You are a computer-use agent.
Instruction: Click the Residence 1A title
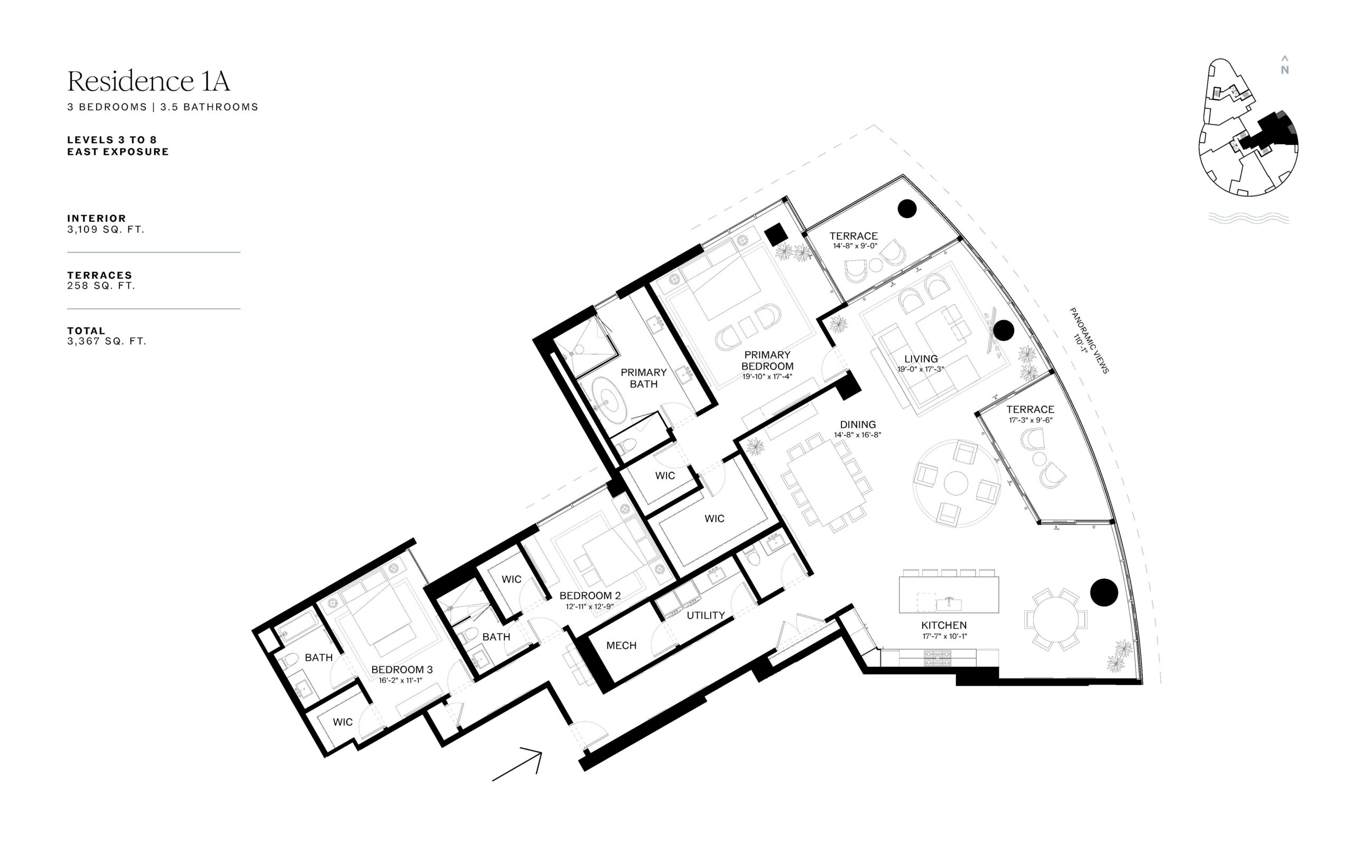[149, 81]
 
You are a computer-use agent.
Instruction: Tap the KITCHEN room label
[944, 625]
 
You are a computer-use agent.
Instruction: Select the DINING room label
[858, 425]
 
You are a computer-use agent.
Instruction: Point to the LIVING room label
[921, 358]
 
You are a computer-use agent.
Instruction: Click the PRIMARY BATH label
[644, 378]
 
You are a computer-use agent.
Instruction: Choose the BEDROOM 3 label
[402, 669]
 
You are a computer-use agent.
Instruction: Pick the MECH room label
[622, 645]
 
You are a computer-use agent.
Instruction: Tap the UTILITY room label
[706, 615]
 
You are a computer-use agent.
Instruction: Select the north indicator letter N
[1284, 70]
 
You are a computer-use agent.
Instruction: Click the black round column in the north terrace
[907, 209]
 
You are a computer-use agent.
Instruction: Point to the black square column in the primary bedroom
[776, 234]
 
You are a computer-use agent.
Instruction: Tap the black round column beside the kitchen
[1104, 592]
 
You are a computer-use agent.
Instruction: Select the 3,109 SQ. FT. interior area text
[106, 229]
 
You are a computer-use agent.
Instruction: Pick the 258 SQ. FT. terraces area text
[101, 285]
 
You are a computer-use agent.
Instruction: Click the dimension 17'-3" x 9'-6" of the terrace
[1031, 419]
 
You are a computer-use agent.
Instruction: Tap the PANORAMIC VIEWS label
[1089, 340]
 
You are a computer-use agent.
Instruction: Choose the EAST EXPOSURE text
[118, 152]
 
